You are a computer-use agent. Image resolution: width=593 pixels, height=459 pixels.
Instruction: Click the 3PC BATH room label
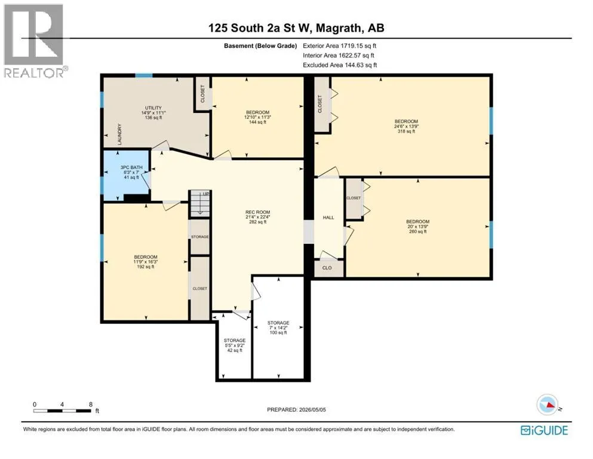point(131,167)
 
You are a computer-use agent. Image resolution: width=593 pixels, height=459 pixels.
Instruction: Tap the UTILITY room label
point(153,108)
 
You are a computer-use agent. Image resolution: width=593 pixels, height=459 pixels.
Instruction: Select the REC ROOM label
point(257,212)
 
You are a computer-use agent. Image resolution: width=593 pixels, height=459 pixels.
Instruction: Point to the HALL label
point(328,218)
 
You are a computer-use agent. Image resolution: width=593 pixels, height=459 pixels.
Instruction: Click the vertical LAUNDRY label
point(119,134)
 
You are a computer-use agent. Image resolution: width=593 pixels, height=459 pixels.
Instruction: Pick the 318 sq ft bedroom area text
point(406,131)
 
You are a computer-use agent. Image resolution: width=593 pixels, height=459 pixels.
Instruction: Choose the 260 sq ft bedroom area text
point(418,231)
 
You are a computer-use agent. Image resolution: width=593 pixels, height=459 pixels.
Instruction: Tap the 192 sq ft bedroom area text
point(146,267)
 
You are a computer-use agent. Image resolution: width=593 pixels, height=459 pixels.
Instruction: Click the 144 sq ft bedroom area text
point(257,123)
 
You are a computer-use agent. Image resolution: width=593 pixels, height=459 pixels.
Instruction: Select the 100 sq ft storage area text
point(278,333)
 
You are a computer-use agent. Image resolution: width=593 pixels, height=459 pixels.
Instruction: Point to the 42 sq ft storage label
point(235,350)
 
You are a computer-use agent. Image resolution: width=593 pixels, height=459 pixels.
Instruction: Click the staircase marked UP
point(199,203)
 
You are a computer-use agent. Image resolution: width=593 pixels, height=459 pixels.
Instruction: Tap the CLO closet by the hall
point(327,268)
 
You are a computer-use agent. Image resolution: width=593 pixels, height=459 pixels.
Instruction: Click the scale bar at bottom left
point(62,411)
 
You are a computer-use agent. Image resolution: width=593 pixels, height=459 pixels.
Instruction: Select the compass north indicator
point(548,405)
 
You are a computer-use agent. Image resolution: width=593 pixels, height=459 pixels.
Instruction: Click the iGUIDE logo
point(544,431)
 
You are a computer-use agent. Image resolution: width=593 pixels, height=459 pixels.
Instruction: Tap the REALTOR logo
point(35,41)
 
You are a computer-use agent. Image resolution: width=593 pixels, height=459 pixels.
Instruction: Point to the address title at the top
point(296,27)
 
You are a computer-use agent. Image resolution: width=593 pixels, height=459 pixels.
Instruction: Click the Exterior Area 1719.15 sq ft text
point(340,46)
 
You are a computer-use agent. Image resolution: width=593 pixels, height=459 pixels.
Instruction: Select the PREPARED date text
point(296,409)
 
